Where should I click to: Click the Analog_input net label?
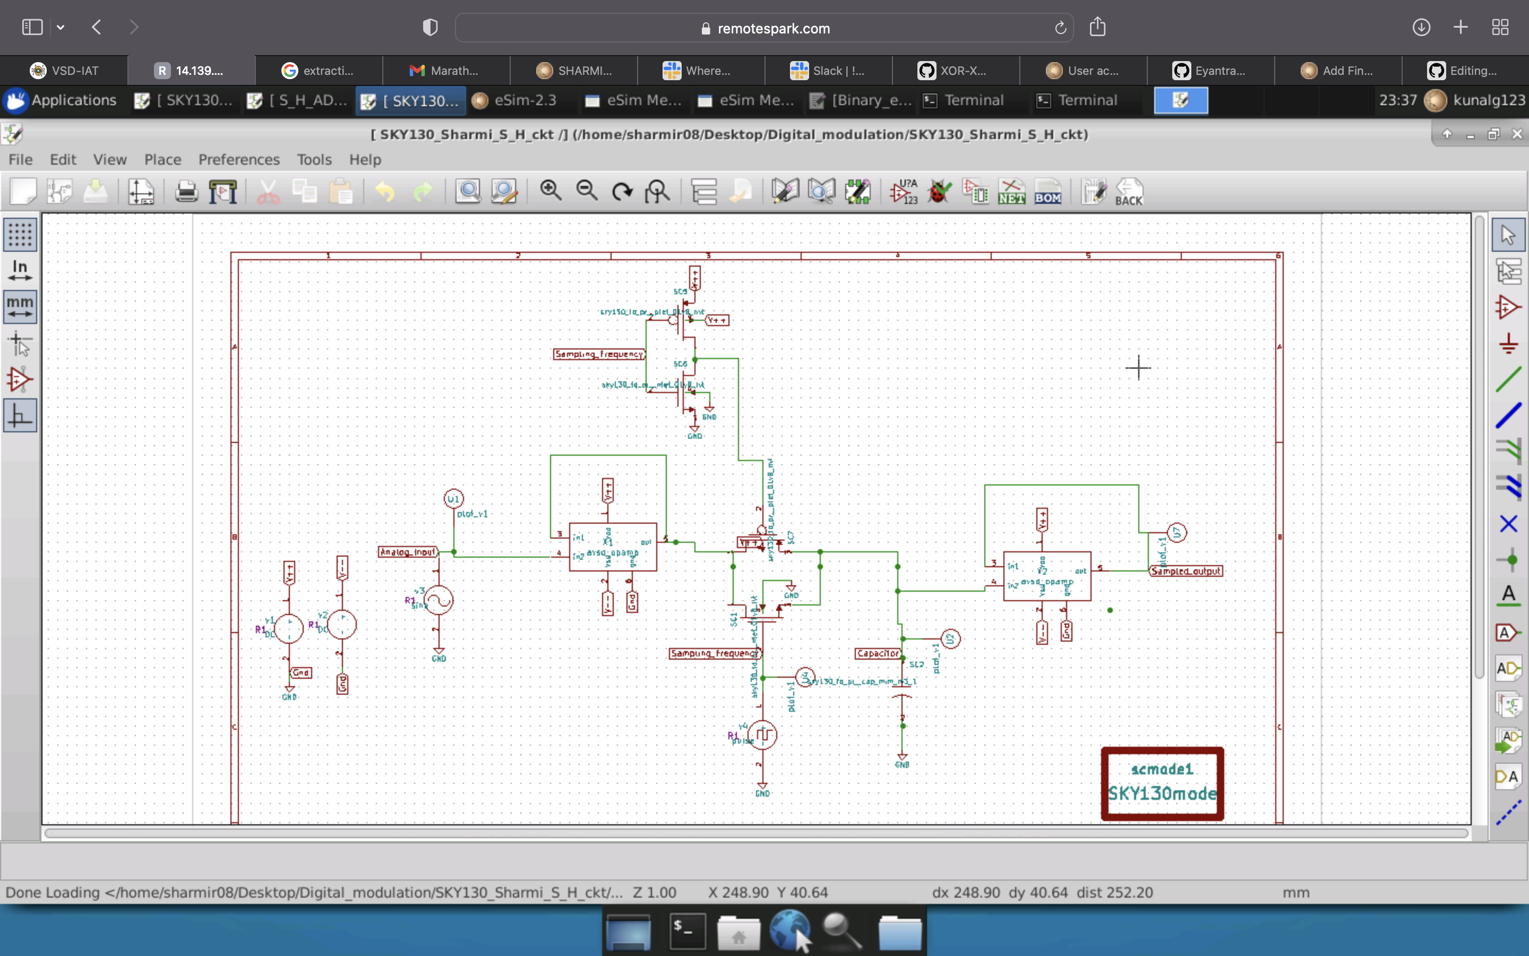tap(408, 552)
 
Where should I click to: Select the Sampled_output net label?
tap(1186, 571)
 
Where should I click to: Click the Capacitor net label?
tap(878, 653)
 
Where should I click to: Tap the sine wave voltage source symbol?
tap(438, 600)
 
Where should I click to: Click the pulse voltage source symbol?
tap(762, 735)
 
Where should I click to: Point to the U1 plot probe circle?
tap(453, 499)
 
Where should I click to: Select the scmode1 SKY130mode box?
tap(1162, 783)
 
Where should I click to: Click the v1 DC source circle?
tap(289, 628)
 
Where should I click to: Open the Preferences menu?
tap(239, 159)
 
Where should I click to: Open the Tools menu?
tap(314, 159)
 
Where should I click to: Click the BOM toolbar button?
tap(1047, 192)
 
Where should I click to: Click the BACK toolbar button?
tap(1128, 192)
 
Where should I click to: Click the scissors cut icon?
tap(269, 192)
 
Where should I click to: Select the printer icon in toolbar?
tap(186, 192)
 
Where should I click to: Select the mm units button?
tap(20, 306)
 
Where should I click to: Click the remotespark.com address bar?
tap(764, 28)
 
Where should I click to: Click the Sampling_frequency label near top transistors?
tap(599, 354)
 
